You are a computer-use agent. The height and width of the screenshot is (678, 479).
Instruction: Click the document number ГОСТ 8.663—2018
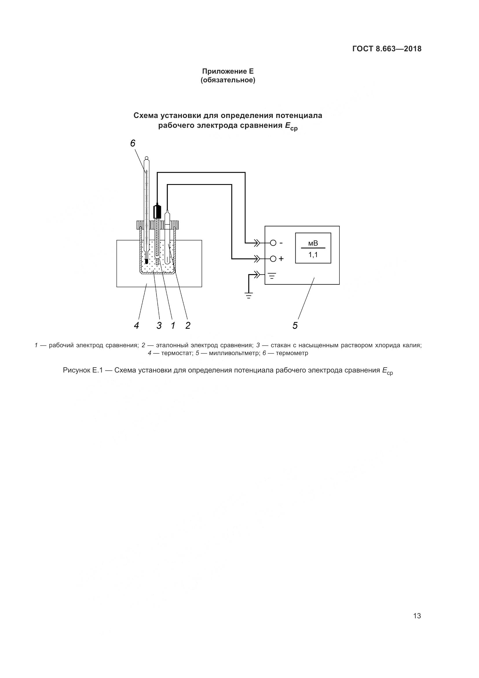pyautogui.click(x=387, y=49)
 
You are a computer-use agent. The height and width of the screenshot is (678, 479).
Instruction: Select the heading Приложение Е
pyautogui.click(x=228, y=71)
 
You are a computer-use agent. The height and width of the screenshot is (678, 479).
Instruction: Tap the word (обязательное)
pyautogui.click(x=228, y=80)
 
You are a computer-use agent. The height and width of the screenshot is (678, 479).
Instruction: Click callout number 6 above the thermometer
pyautogui.click(x=133, y=143)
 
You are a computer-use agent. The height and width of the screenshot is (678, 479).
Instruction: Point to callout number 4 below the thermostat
pyautogui.click(x=136, y=326)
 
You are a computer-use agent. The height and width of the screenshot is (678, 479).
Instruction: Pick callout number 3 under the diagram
pyautogui.click(x=159, y=326)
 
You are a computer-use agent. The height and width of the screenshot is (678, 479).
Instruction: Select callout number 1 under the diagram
pyautogui.click(x=173, y=326)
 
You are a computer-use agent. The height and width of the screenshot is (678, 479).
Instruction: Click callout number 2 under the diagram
pyautogui.click(x=188, y=326)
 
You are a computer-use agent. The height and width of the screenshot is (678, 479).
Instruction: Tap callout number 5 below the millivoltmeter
pyautogui.click(x=295, y=326)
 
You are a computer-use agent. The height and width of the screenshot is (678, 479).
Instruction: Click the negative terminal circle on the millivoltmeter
pyautogui.click(x=273, y=243)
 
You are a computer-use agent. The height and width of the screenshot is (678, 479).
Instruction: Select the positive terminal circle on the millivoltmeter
pyautogui.click(x=273, y=259)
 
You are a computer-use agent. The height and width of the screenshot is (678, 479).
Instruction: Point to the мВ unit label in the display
pyautogui.click(x=313, y=243)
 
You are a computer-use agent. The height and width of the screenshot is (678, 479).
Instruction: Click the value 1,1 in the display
pyautogui.click(x=313, y=255)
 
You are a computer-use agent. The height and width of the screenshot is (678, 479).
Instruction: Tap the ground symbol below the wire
pyautogui.click(x=249, y=295)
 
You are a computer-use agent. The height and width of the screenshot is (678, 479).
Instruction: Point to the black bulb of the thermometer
pyautogui.click(x=147, y=261)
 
